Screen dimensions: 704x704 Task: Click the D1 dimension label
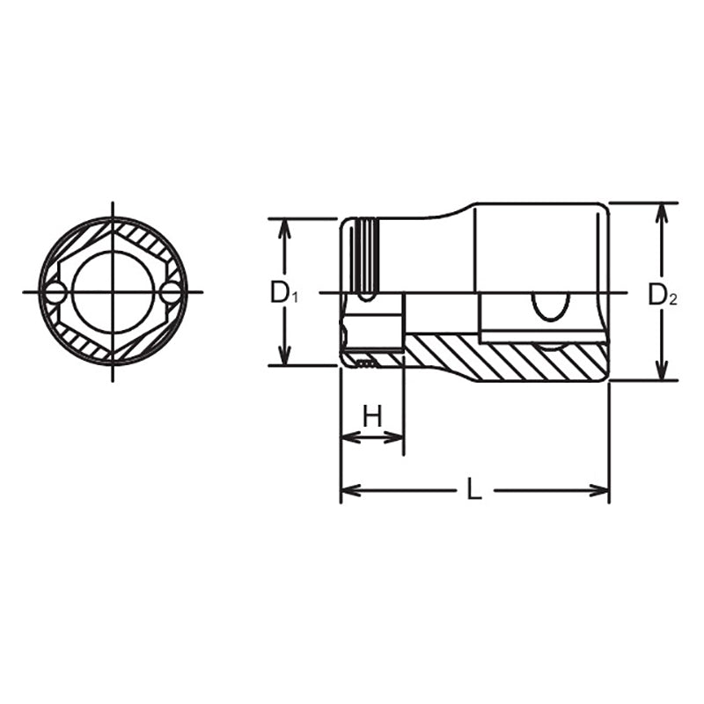click(x=283, y=293)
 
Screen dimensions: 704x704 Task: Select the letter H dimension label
click(x=372, y=416)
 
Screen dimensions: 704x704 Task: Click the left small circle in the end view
click(x=55, y=293)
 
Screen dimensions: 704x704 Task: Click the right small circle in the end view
click(x=171, y=293)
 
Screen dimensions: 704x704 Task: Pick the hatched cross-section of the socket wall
click(x=510, y=359)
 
